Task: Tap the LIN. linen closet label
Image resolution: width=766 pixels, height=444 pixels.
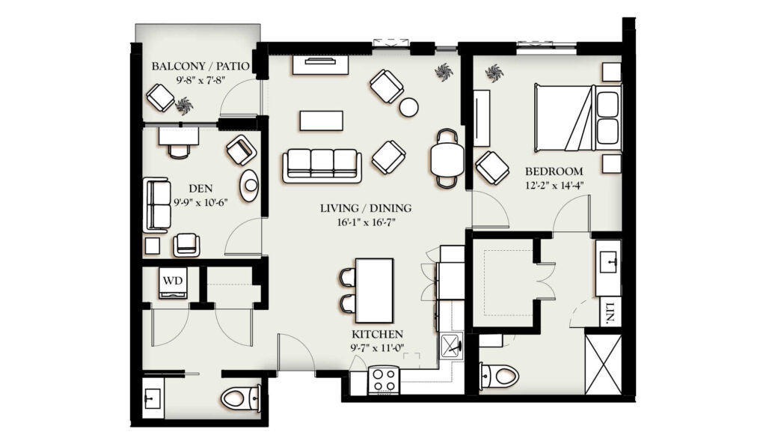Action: (610, 311)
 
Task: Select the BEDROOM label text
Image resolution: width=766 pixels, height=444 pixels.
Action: (554, 171)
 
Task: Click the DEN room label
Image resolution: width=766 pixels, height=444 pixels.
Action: (200, 188)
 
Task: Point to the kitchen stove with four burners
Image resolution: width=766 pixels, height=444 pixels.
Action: (384, 380)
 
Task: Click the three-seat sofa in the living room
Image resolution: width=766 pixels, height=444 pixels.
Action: (322, 165)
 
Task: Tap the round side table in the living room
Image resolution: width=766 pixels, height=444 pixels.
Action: (408, 107)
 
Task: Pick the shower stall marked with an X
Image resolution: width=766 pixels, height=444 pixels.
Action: (604, 365)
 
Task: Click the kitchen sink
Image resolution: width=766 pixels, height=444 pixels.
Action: (451, 347)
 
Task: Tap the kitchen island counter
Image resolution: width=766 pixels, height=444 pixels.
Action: (374, 291)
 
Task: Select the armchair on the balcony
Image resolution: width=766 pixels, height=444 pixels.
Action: (160, 98)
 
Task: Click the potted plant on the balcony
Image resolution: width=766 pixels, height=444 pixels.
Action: (184, 105)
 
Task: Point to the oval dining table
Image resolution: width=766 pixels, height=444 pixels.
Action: (447, 159)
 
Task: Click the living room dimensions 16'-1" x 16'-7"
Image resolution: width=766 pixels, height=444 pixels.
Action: (366, 222)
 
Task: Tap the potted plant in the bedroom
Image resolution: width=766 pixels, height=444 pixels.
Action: (494, 73)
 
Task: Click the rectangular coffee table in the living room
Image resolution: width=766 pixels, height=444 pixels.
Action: (322, 121)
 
